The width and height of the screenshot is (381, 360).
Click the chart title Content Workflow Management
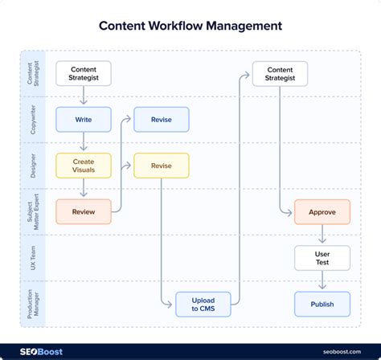tap(190, 25)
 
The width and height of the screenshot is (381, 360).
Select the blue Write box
tap(84, 120)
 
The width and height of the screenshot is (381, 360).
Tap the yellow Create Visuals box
tap(84, 166)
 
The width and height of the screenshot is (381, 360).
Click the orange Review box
tap(84, 212)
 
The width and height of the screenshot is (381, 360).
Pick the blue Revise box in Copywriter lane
tap(161, 120)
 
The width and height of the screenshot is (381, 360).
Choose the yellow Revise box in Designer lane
tap(161, 166)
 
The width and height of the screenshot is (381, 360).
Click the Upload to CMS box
tap(203, 305)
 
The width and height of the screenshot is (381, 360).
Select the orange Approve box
tap(322, 212)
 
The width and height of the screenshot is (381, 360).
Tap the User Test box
tap(322, 259)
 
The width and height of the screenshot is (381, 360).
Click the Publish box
tap(322, 305)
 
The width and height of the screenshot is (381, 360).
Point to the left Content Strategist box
tap(84, 74)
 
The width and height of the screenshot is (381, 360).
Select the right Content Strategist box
tap(280, 74)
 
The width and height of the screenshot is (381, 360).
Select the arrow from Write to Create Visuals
tap(84, 142)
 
